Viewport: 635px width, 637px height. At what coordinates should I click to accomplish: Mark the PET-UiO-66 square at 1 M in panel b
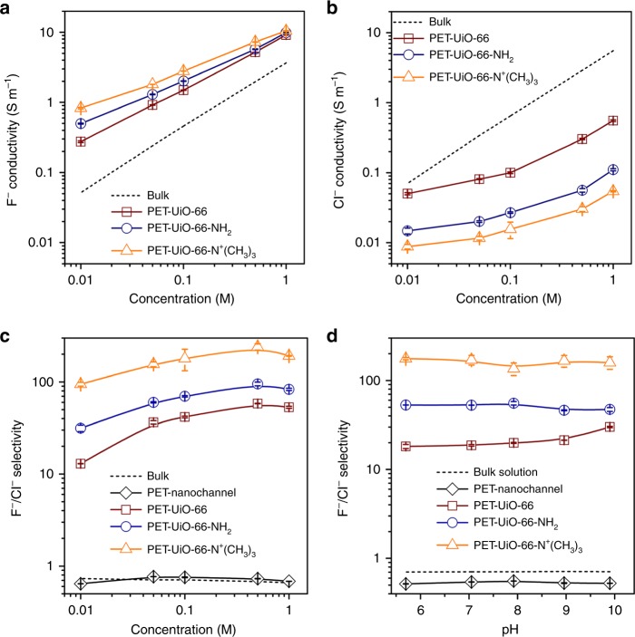pyautogui.click(x=613, y=121)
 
